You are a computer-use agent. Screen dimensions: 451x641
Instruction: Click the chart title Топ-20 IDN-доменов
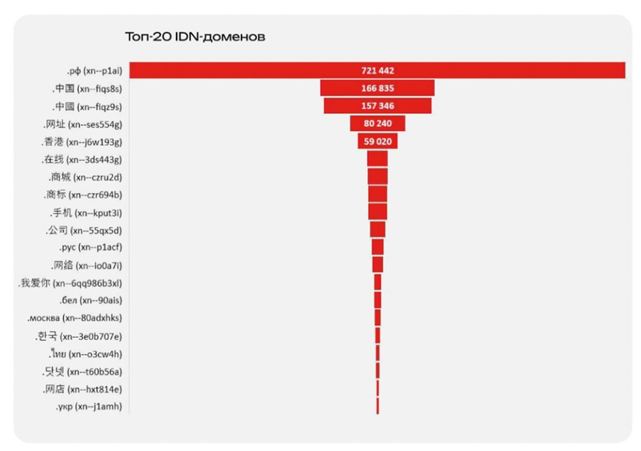coord(194,36)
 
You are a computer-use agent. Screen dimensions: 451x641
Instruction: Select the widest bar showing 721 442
coord(377,71)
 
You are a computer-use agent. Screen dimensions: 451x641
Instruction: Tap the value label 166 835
coord(377,88)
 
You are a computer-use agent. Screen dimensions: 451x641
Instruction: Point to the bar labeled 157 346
coord(377,106)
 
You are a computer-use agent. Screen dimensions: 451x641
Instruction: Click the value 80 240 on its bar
coord(377,124)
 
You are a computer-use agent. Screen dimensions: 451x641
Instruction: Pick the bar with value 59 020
coord(377,142)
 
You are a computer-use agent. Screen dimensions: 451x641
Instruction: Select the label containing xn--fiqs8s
coord(88,88)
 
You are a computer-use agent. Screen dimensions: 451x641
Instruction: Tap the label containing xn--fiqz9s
coord(88,106)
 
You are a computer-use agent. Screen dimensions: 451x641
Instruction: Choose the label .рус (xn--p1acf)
coord(91,247)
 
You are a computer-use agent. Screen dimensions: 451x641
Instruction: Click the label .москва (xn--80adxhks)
coord(75,318)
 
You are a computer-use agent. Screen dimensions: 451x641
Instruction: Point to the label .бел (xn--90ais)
coord(91,301)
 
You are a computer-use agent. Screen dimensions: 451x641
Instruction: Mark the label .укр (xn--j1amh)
coord(88,407)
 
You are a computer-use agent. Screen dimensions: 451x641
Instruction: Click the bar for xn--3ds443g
coord(377,159)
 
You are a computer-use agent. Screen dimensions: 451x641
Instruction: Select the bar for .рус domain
coord(377,247)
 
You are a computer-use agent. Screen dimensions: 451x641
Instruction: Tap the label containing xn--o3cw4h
coord(85,353)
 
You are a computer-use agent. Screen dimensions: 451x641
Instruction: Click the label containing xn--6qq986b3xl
coord(71,283)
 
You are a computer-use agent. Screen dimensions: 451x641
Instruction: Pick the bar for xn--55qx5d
coord(377,229)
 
